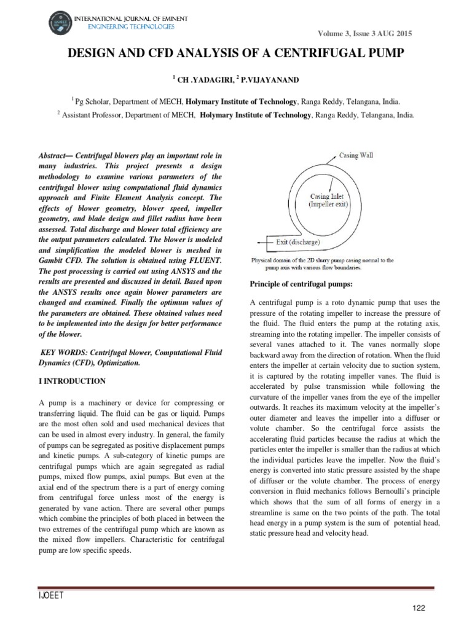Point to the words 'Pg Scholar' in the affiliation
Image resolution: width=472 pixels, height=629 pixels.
pyautogui.click(x=94, y=101)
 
